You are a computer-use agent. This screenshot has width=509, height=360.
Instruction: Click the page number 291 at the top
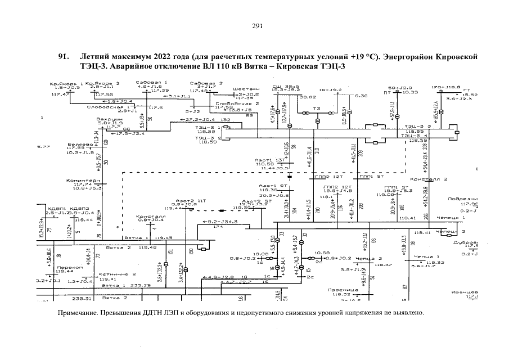click(258, 26)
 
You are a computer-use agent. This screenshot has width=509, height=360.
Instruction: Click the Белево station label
click(78, 144)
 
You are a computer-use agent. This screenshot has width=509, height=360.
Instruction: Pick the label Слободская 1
click(112, 106)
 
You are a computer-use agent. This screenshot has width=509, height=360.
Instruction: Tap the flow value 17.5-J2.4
click(133, 133)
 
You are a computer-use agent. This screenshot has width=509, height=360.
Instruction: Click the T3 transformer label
click(317, 107)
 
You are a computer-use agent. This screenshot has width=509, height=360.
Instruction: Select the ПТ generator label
click(387, 92)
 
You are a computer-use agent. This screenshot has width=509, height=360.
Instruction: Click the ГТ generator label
click(466, 90)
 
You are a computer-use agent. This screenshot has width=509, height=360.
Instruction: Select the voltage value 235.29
click(140, 286)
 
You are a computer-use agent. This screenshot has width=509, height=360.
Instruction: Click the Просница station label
click(339, 290)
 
